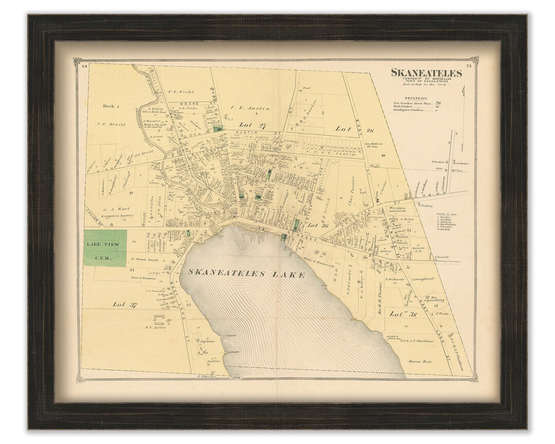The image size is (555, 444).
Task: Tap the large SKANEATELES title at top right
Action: [x=426, y=72]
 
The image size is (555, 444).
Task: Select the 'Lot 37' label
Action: [x=125, y=305]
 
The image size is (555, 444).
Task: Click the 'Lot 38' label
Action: [x=402, y=313]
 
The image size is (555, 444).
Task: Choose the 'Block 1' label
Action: [x=110, y=106]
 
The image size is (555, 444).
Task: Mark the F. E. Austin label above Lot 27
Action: [x=243, y=108]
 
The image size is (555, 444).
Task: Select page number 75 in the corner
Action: [x=468, y=65]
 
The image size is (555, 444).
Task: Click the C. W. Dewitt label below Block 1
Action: [x=112, y=124]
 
